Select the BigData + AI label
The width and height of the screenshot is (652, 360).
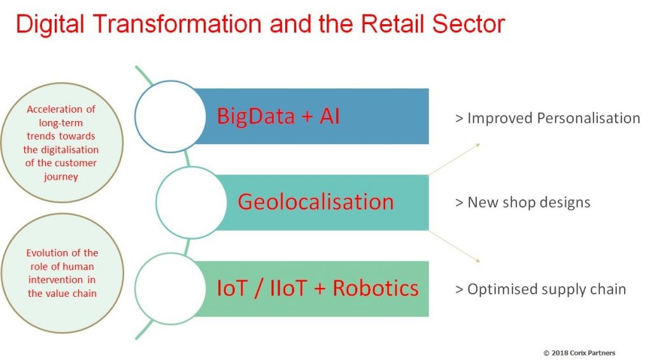point(278,116)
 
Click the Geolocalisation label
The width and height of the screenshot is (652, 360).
point(316,202)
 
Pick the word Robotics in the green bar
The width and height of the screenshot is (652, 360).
point(376,288)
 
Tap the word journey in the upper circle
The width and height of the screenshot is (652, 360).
point(60,177)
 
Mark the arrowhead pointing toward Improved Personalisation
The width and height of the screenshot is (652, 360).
point(478,145)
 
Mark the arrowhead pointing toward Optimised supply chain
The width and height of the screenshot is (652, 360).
point(478,261)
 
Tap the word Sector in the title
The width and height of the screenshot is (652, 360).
point(469,24)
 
